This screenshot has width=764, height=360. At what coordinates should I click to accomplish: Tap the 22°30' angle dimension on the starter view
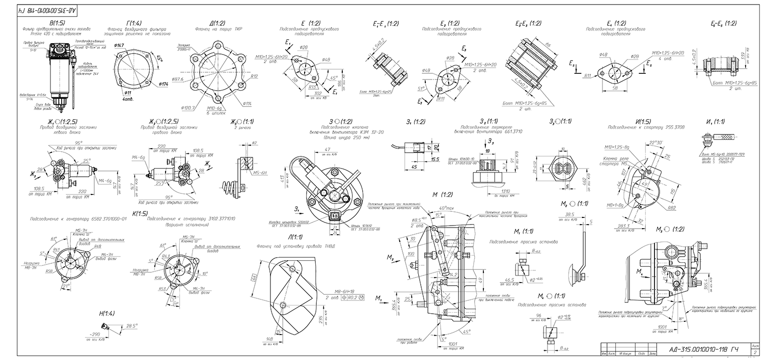point(657,143)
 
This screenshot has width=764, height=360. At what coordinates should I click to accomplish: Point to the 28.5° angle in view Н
point(132,326)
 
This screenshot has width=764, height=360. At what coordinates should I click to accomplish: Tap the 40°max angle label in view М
point(447,208)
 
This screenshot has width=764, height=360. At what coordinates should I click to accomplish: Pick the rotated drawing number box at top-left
point(48,10)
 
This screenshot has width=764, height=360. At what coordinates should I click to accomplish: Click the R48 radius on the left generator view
point(97,246)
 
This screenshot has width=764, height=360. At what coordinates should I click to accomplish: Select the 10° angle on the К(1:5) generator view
point(205,273)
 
